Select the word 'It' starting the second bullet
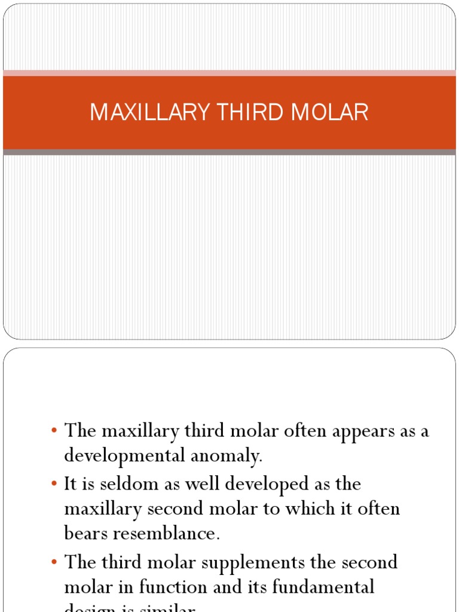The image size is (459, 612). pos(71,484)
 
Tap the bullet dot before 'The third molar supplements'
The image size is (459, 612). pos(54,562)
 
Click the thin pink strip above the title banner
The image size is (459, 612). pos(229,73)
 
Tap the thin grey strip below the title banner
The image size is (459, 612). pos(229,152)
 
